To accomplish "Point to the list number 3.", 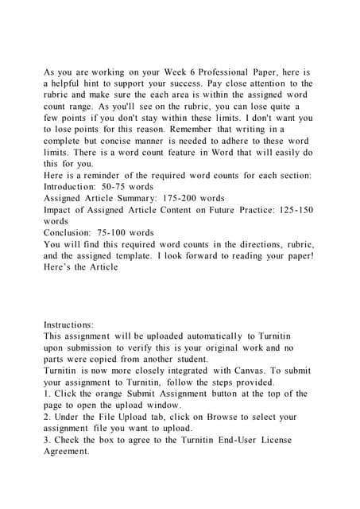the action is coord(47,440).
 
